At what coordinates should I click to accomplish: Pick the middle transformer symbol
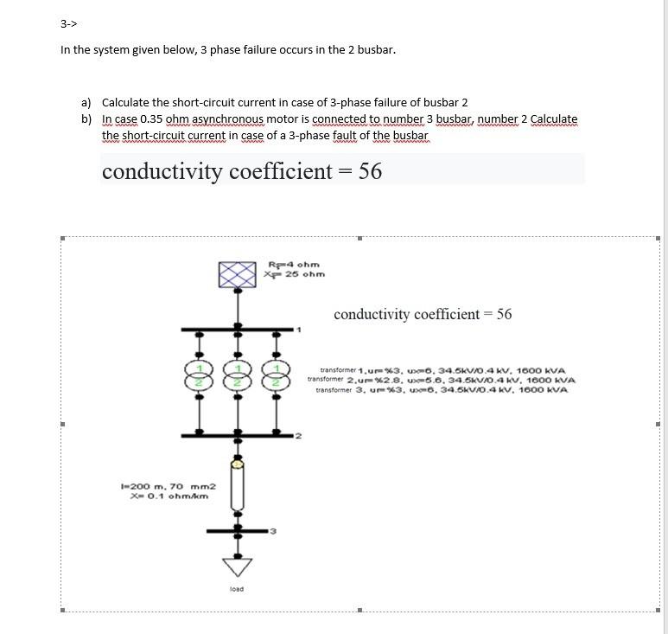(x=237, y=375)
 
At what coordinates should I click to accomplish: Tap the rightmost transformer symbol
(x=277, y=375)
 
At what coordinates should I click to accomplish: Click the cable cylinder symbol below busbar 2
(x=237, y=485)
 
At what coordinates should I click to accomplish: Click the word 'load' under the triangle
(x=237, y=589)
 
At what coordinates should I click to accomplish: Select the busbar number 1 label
(x=299, y=330)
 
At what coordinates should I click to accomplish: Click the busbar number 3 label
(x=272, y=530)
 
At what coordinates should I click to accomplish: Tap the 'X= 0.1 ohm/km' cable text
(x=167, y=496)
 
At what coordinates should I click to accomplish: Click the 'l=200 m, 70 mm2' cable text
(x=167, y=488)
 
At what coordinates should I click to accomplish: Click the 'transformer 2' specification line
(x=442, y=380)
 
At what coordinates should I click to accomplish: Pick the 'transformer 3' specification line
(x=442, y=390)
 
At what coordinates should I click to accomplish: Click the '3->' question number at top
(x=68, y=23)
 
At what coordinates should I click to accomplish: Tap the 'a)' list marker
(x=86, y=102)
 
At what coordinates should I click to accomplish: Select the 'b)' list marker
(x=86, y=118)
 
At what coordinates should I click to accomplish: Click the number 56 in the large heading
(x=370, y=171)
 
